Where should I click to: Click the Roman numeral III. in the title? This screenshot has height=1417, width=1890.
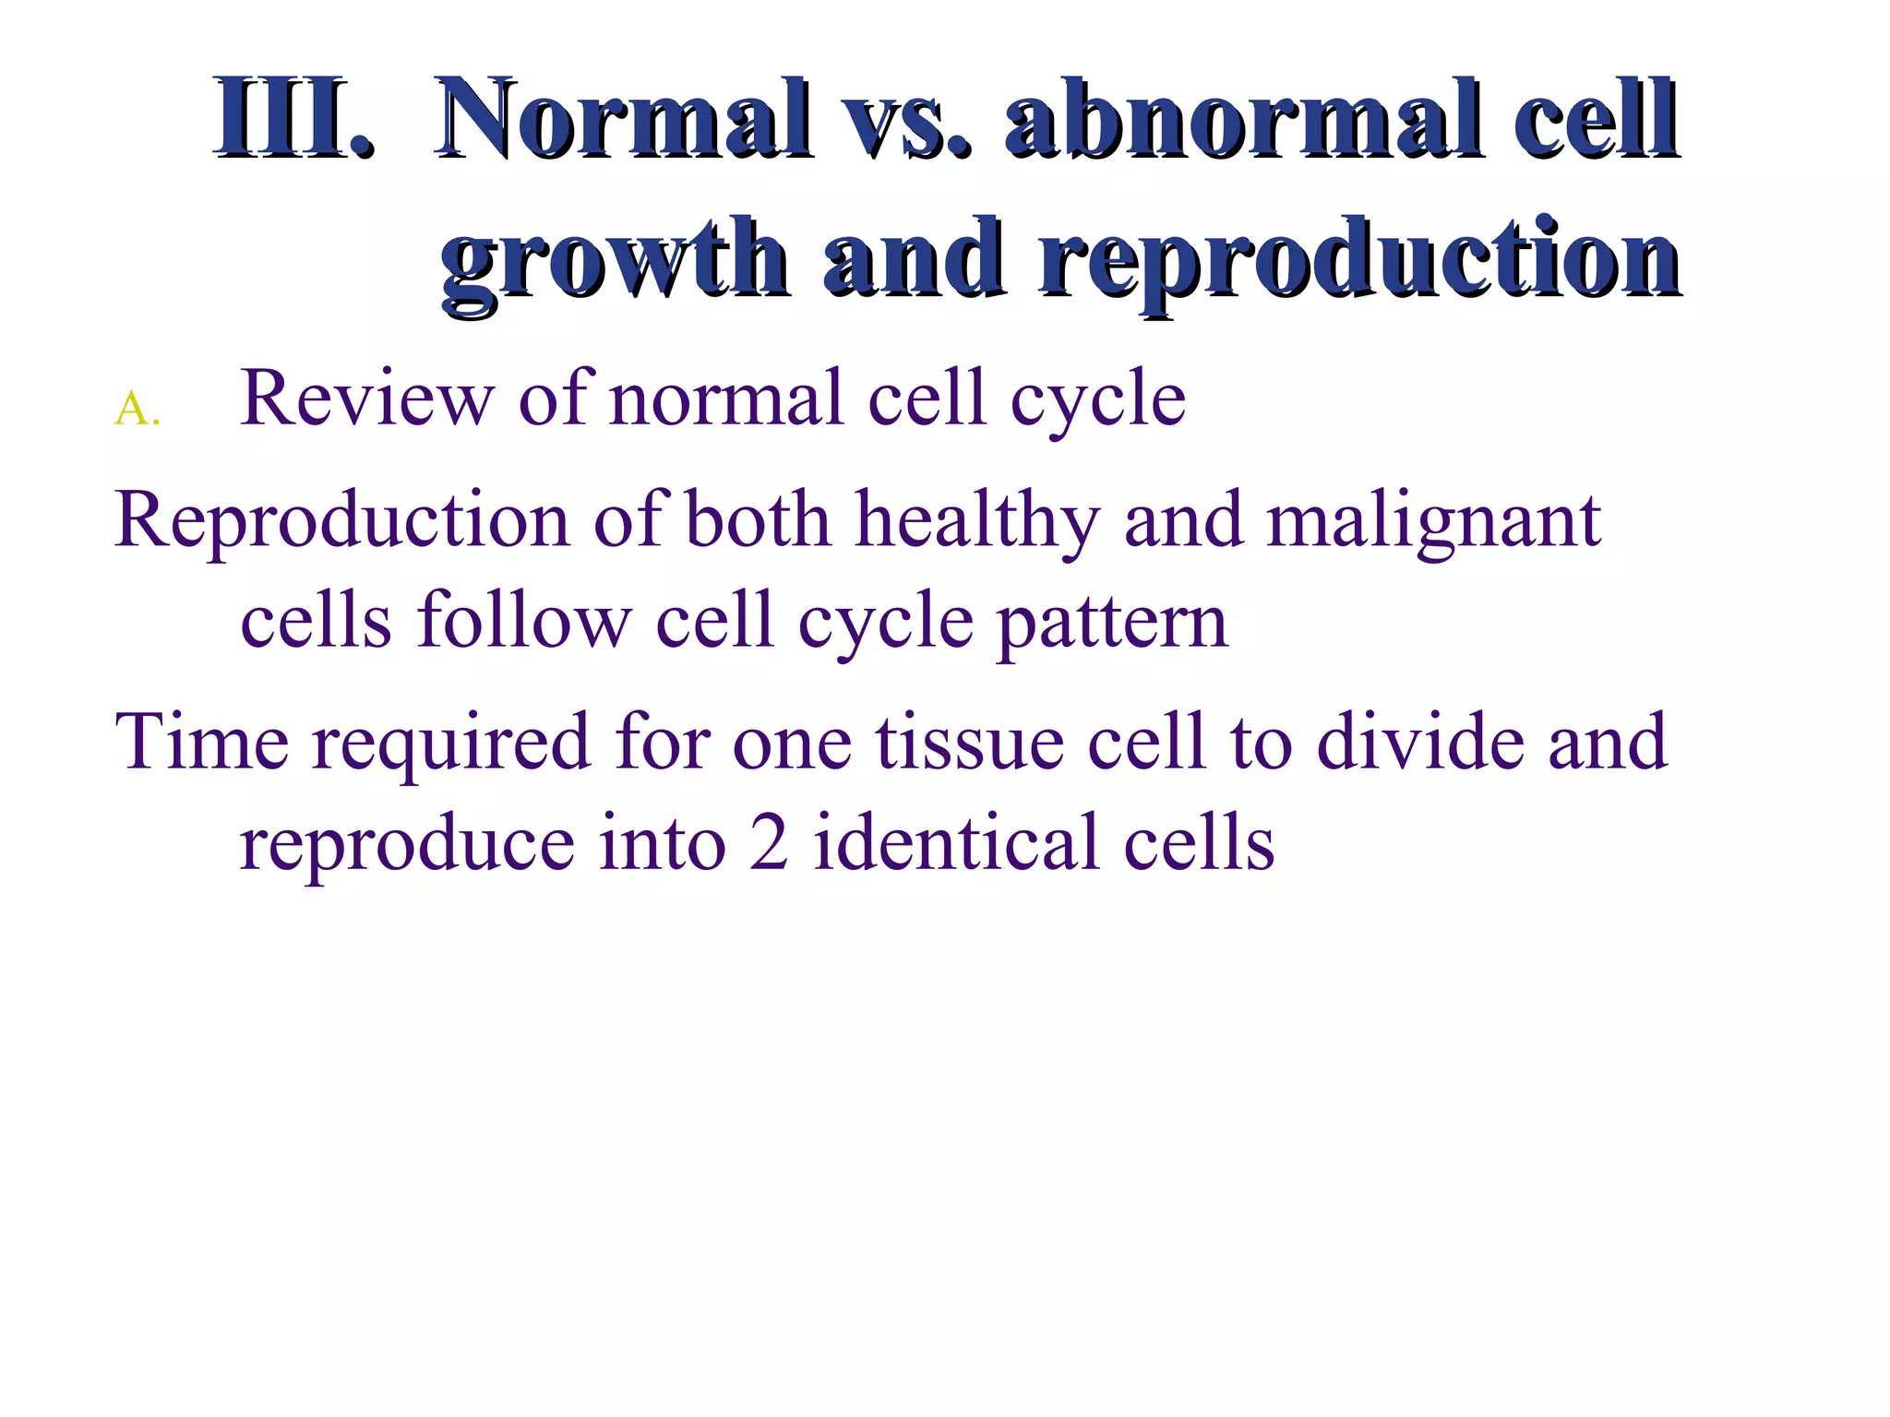tap(293, 120)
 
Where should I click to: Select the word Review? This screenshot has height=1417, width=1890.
tap(366, 399)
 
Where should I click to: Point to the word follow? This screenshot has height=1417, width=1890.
tap(524, 620)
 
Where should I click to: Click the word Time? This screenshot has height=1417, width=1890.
tap(201, 742)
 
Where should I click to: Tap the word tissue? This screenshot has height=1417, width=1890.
tap(969, 744)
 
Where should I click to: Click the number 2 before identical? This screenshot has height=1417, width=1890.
tap(769, 843)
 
